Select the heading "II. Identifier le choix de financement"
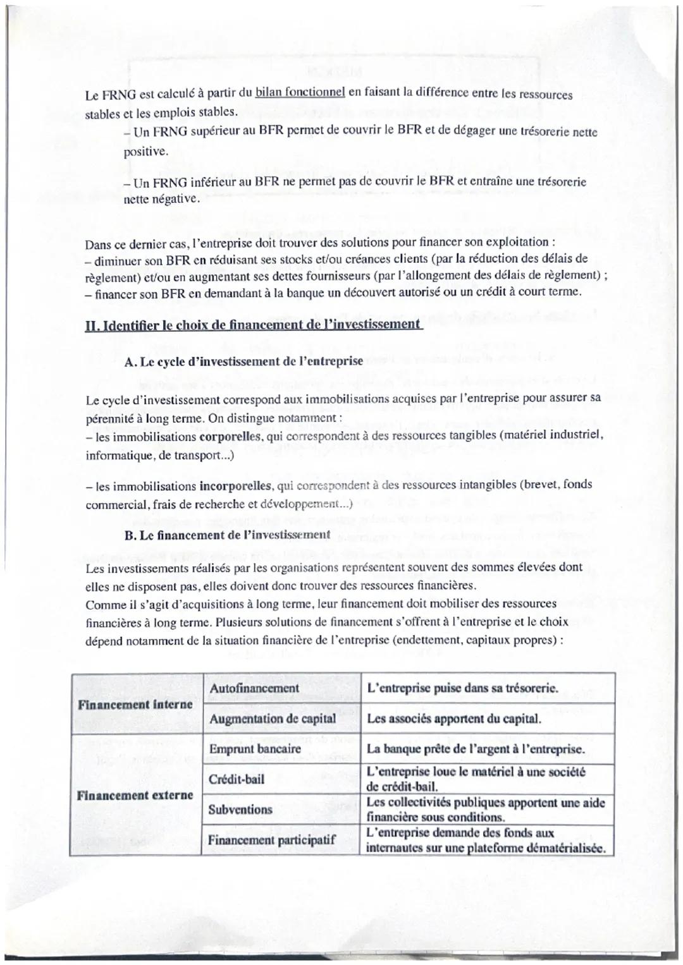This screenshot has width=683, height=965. (253, 325)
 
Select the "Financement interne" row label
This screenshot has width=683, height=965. (135, 704)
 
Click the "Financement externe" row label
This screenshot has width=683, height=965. (135, 795)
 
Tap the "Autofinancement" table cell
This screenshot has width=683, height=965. (254, 688)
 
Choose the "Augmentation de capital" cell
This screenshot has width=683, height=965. (273, 719)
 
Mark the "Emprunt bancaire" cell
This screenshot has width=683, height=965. (255, 750)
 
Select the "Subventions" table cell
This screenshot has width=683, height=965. (240, 810)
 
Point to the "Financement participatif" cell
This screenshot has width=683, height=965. (272, 841)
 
